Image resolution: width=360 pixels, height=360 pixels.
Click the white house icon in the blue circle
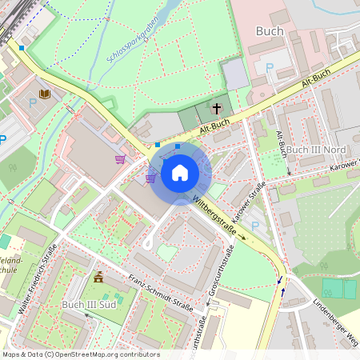click(180, 172)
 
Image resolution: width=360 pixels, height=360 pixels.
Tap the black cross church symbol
click(216, 108)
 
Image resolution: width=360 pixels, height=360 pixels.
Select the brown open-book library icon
click(45, 95)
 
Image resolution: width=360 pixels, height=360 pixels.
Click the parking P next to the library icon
click(33, 102)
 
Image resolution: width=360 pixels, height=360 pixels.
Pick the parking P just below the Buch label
click(269, 69)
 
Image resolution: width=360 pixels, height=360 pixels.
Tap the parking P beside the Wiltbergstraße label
click(254, 226)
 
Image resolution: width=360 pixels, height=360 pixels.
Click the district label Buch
click(270, 31)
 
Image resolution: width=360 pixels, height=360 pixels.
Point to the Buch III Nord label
click(315, 150)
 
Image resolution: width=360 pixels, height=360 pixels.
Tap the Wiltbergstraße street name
click(219, 216)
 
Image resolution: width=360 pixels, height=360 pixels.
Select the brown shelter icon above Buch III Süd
click(99, 278)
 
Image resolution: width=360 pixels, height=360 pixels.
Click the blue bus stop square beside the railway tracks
click(22, 48)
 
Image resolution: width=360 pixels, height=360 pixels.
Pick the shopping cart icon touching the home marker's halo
click(150, 178)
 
